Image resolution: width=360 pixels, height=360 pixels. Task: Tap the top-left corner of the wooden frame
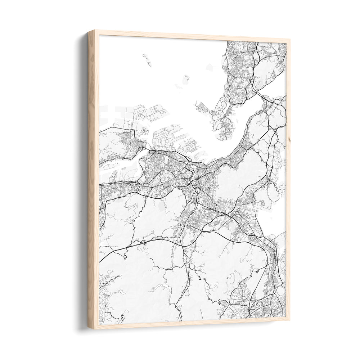89,31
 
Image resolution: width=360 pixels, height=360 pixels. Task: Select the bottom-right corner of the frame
289,320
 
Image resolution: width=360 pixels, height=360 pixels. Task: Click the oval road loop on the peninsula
224,105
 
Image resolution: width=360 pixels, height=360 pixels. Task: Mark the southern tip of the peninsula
224,137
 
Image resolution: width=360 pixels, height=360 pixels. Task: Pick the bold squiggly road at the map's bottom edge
122,318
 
